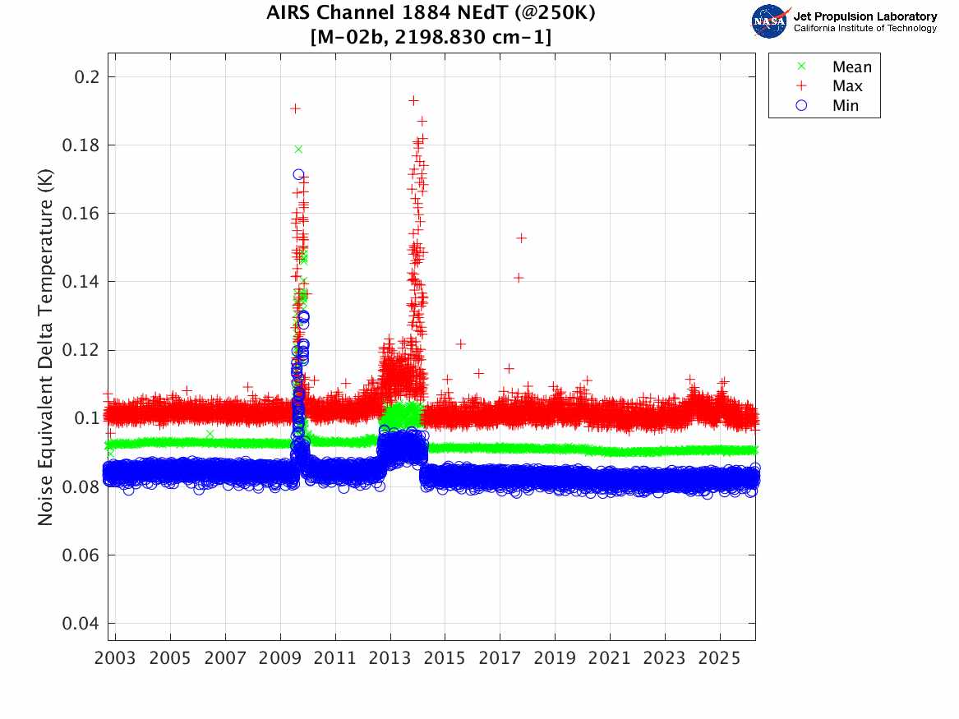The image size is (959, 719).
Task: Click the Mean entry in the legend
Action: pyautogui.click(x=851, y=67)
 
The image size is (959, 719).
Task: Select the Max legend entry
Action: pyautogui.click(x=846, y=86)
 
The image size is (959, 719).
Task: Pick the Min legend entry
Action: pyautogui.click(x=845, y=106)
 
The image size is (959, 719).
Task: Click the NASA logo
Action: pyautogui.click(x=770, y=21)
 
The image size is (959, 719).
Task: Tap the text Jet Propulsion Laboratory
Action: pyautogui.click(x=864, y=16)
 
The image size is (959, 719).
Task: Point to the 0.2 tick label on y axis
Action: pyautogui.click(x=85, y=76)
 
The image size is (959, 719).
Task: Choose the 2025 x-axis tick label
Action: pyautogui.click(x=720, y=658)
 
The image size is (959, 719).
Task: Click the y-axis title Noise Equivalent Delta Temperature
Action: pyautogui.click(x=46, y=348)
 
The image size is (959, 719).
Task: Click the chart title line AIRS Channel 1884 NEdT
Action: pyautogui.click(x=431, y=14)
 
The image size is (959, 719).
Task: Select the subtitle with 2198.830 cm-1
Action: pyautogui.click(x=431, y=37)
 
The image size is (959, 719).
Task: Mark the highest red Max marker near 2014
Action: pyautogui.click(x=413, y=100)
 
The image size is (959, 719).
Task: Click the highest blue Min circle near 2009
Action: pyautogui.click(x=298, y=174)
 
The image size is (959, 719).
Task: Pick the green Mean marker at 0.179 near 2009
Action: pyautogui.click(x=298, y=149)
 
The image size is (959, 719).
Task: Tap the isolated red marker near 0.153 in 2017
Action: pyautogui.click(x=521, y=238)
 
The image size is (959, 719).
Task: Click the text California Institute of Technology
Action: pyautogui.click(x=864, y=29)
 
